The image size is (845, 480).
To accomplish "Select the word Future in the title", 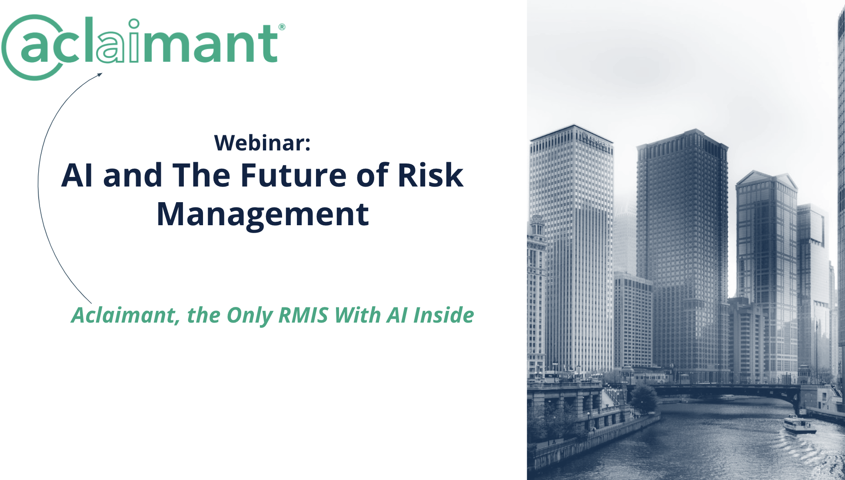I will point(293,175).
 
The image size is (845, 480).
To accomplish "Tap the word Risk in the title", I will point(430,175).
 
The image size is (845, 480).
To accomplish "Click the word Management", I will point(263,214).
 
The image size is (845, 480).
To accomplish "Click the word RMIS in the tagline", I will point(303,315).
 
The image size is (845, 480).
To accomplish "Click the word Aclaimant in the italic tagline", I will point(124,315).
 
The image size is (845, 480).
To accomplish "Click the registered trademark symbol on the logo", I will point(282,27).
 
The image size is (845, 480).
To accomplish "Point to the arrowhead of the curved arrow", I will point(100,75).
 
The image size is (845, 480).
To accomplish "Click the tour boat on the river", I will point(799,424).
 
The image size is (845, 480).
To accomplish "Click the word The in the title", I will point(201,175).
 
